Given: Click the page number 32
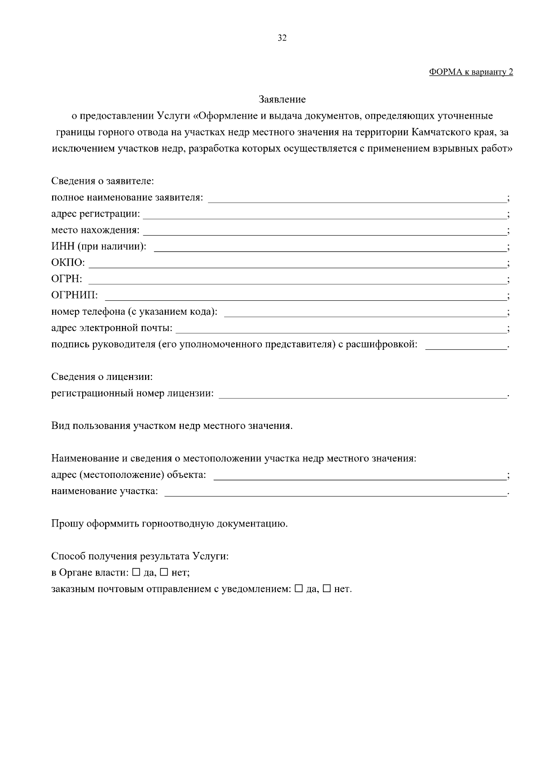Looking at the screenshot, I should point(282,38).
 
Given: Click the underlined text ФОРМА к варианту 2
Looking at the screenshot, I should point(471,72).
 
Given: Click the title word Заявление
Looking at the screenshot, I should point(282,99).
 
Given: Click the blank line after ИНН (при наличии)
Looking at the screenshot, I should point(330,250).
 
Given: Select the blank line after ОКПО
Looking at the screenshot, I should point(296,267).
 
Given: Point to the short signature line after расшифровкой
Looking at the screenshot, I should point(465,348).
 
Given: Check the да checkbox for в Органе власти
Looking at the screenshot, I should point(136,572).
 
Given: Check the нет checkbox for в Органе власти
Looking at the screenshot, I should point(164,572).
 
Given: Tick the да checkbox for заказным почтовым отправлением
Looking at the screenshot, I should point(299,589).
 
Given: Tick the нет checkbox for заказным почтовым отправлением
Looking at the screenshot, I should point(327,589).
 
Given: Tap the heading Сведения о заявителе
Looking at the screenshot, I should point(103,181).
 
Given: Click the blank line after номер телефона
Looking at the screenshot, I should point(365,316).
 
